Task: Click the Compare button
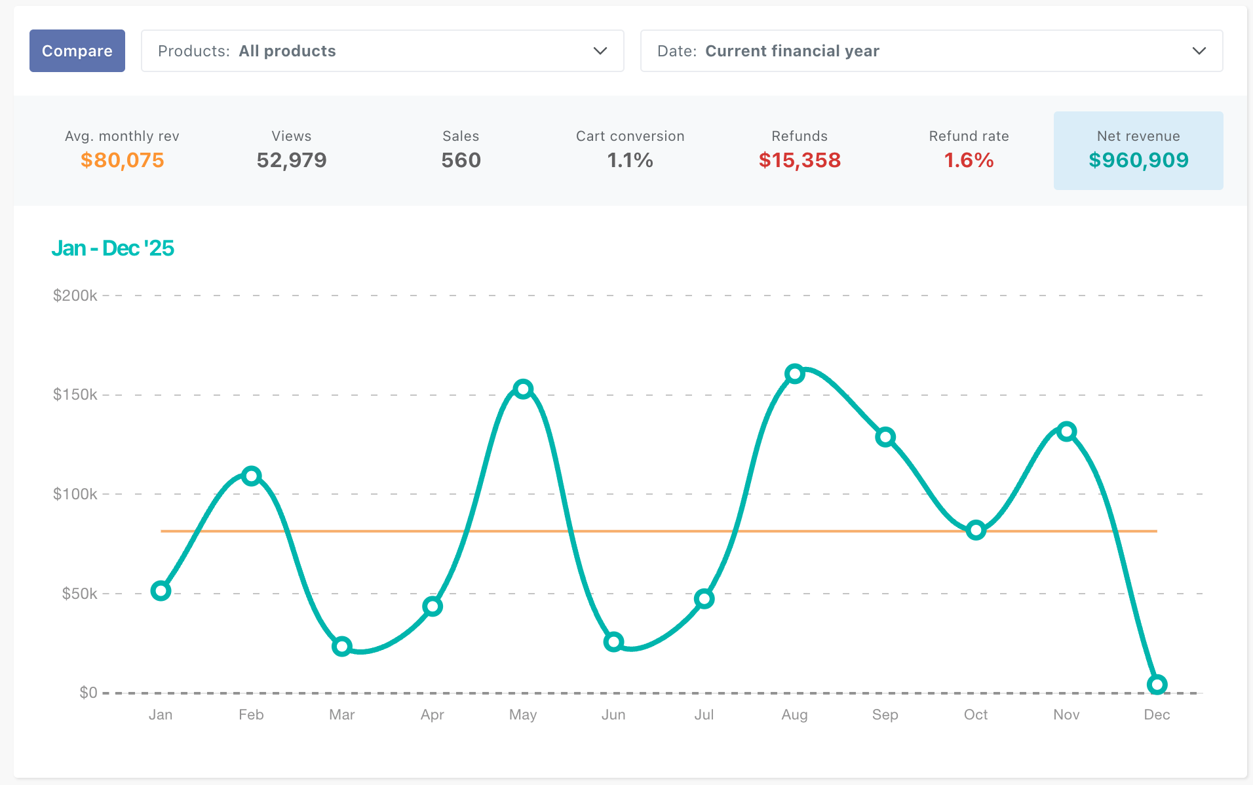77,50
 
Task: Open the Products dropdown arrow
600,51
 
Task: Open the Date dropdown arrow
1199,51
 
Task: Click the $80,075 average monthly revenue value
123,160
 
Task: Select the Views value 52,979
292,160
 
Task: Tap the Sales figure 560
461,160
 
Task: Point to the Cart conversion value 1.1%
630,160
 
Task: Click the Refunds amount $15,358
800,160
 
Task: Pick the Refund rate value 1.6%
969,160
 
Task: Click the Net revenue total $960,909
1138,160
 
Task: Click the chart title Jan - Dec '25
113,248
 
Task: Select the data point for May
523,389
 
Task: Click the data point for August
795,374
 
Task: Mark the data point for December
1157,685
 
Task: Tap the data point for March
342,647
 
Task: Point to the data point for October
976,530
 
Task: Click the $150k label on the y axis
75,394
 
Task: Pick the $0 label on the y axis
88,693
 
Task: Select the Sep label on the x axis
885,715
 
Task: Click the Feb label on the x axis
251,714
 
